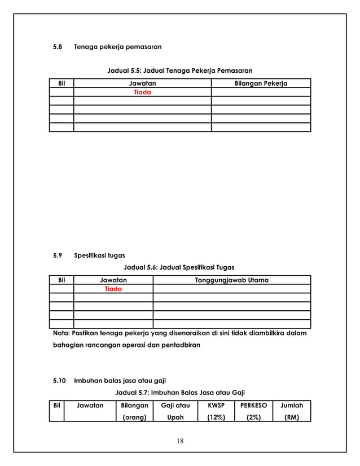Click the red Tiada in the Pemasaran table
click(142, 92)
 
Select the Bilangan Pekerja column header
click(261, 83)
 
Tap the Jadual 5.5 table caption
click(179, 71)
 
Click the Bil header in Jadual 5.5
click(62, 83)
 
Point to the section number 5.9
click(57, 256)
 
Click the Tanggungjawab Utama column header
click(231, 280)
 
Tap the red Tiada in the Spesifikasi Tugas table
click(113, 288)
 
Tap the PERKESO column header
click(253, 405)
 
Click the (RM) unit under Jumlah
click(292, 417)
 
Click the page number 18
click(179, 441)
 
